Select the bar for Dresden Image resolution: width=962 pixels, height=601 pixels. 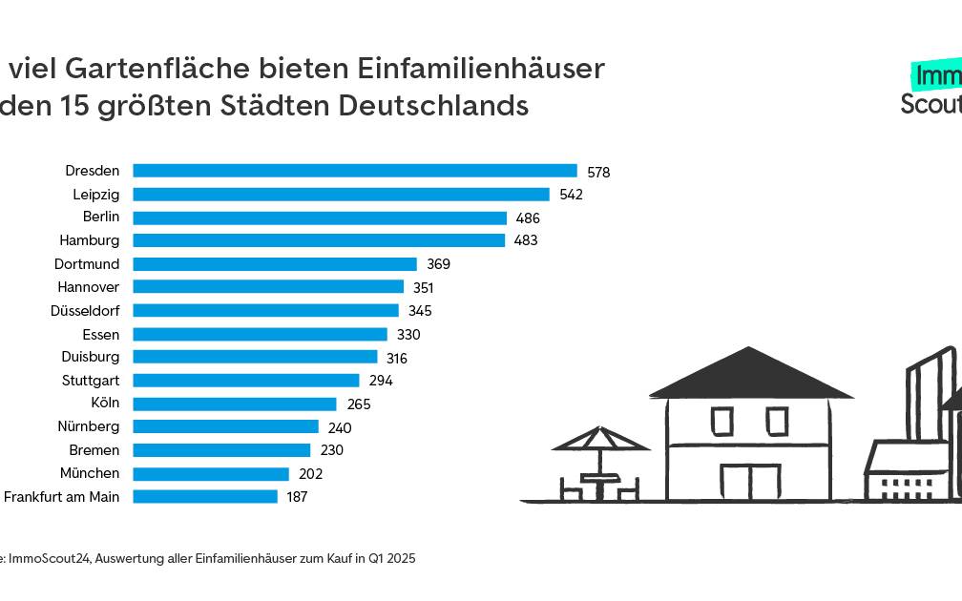pos(354,171)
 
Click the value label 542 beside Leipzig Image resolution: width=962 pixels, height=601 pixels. pos(571,195)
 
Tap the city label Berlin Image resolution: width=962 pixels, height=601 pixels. pos(101,218)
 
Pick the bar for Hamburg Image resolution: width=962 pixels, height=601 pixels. pos(318,240)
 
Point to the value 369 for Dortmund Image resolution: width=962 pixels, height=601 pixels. pos(438,264)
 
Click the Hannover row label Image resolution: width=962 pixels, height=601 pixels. pos(88,287)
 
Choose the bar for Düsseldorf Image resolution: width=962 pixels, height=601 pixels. pos(265,310)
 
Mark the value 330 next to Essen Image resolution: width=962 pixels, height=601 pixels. pos(408,335)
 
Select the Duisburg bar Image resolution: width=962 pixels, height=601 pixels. pos(254,357)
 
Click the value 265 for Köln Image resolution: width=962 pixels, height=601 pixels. pos(359,404)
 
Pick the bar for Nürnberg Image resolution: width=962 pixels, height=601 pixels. pos(225,426)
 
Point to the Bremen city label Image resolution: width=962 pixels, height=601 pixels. pos(94,450)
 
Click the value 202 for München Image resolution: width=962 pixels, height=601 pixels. pos(311,474)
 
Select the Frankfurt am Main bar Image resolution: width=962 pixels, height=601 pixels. pos(204,497)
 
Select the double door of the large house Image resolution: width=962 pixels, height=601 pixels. pos(749,482)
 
